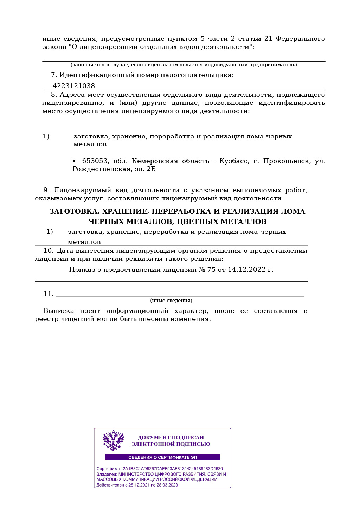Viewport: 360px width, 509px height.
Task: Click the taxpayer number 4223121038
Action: coord(73,86)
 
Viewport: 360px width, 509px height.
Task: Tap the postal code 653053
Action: coord(95,161)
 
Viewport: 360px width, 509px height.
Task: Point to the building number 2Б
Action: coord(151,169)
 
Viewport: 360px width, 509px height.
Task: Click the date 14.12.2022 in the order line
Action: coord(247,270)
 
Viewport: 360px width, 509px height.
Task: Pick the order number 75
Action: coord(211,270)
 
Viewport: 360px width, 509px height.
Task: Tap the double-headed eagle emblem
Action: coord(113,440)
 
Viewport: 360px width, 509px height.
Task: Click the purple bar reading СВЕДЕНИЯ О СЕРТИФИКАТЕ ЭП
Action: coord(162,457)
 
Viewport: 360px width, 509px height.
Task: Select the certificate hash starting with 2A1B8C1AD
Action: coord(173,469)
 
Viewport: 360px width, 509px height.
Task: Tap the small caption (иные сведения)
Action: coord(171,301)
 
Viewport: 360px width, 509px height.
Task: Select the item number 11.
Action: coord(48,294)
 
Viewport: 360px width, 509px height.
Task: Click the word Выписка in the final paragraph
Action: coord(59,311)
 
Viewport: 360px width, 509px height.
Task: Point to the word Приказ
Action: coord(82,270)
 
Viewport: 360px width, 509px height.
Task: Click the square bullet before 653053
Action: coord(74,161)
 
